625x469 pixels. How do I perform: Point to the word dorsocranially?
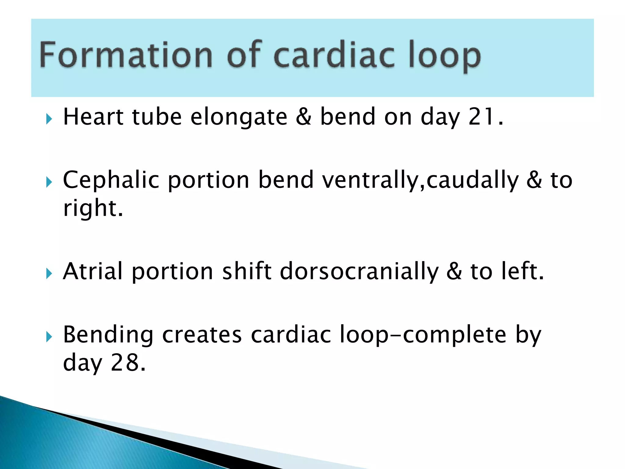[359, 272]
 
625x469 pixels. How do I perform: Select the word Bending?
[108, 335]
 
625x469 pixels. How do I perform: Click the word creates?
[202, 335]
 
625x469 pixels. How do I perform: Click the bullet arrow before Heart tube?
[49, 119]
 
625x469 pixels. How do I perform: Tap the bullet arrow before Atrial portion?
[49, 274]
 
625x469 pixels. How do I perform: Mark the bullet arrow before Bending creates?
[49, 337]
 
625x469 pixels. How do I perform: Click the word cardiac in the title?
[334, 55]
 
